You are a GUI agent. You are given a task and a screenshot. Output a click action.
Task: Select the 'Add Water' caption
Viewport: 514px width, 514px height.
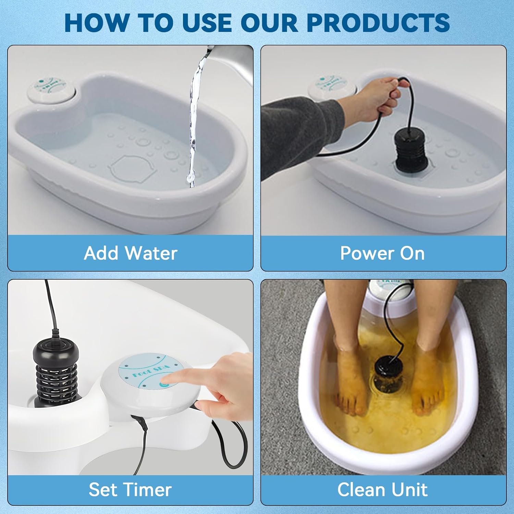(130, 253)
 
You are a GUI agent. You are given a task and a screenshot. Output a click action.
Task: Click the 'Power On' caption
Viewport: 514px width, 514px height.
(382, 253)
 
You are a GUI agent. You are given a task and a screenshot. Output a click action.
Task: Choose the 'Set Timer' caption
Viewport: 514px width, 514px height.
(130, 489)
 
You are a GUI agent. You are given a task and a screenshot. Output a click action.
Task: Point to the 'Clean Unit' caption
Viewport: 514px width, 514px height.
(382, 489)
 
